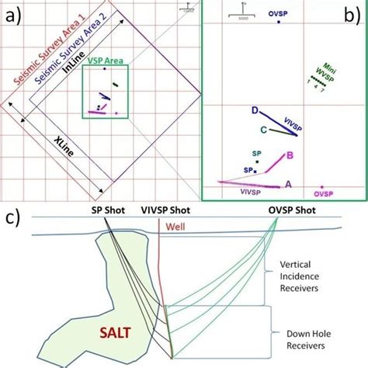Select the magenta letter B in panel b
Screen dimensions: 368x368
coord(289,155)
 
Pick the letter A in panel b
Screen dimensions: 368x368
coord(289,184)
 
